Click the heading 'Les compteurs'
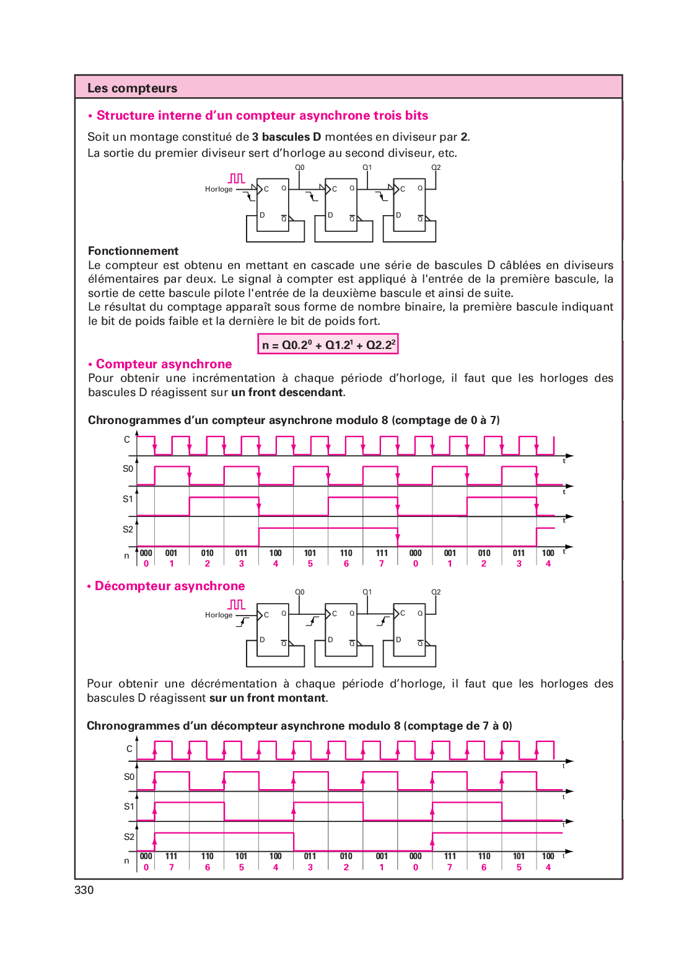tap(132, 88)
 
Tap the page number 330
tap(84, 890)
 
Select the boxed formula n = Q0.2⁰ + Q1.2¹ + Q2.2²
tap(328, 344)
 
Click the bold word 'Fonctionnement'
tap(133, 250)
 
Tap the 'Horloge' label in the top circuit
tap(219, 189)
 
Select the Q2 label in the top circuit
tap(436, 167)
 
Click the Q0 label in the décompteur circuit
tap(300, 592)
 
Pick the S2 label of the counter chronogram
tap(128, 529)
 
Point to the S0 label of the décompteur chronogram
tap(129, 777)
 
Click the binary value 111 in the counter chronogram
tap(382, 553)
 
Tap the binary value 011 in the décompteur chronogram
tap(310, 856)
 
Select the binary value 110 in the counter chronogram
tap(346, 553)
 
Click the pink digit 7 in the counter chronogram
tap(382, 563)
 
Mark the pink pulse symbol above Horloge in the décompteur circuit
tap(237, 604)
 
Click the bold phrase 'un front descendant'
tap(287, 392)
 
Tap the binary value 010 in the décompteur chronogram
tap(346, 856)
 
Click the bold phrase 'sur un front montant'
tap(268, 698)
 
